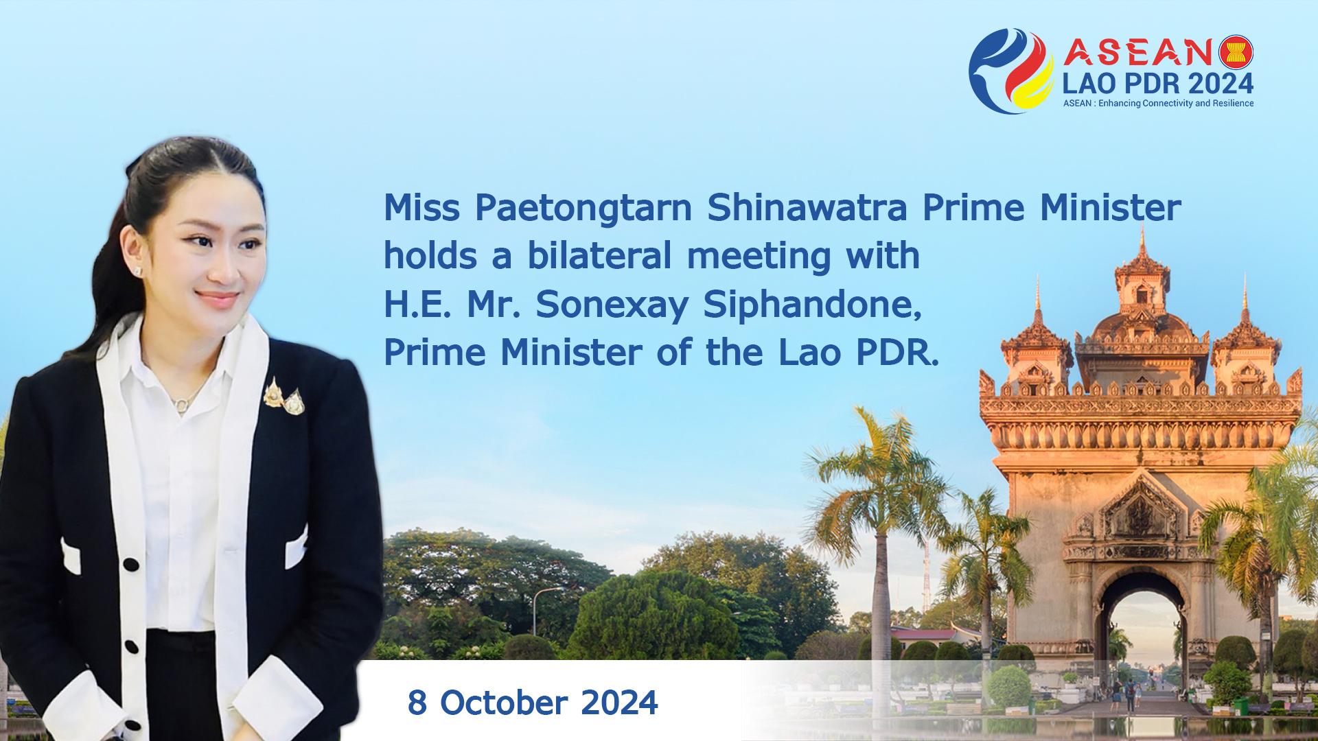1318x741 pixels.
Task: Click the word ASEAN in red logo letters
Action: pos(1139,52)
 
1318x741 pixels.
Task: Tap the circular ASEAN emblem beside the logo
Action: pos(1236,52)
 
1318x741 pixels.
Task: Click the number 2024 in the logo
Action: pos(1221,84)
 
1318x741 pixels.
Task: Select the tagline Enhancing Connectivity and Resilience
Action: pos(1176,104)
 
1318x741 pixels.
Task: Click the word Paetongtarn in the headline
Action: pos(583,208)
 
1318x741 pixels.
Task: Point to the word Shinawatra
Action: pos(807,207)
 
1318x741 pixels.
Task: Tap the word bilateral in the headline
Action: pos(599,255)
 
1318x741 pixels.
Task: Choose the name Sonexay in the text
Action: pos(612,305)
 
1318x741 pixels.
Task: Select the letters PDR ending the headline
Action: pos(897,353)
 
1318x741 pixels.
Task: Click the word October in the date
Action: pos(504,703)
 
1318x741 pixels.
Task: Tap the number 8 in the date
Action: pos(417,703)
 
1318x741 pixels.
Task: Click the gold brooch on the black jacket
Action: pos(284,397)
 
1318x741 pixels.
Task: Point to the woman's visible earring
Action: pos(137,272)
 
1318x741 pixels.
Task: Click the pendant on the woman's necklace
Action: pos(181,405)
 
